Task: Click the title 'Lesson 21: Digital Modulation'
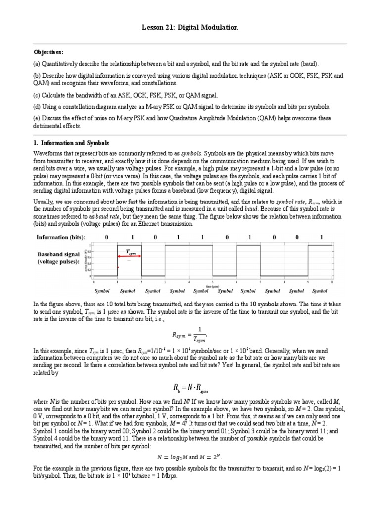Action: tap(190, 28)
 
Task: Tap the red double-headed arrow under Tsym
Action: tap(129, 257)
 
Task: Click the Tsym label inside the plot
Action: tap(130, 252)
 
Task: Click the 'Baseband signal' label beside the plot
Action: tap(58, 254)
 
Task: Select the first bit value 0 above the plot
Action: tap(107, 237)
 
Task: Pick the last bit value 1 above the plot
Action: tap(322, 237)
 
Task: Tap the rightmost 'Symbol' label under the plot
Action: tap(320, 291)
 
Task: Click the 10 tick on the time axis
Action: tap(332, 282)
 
